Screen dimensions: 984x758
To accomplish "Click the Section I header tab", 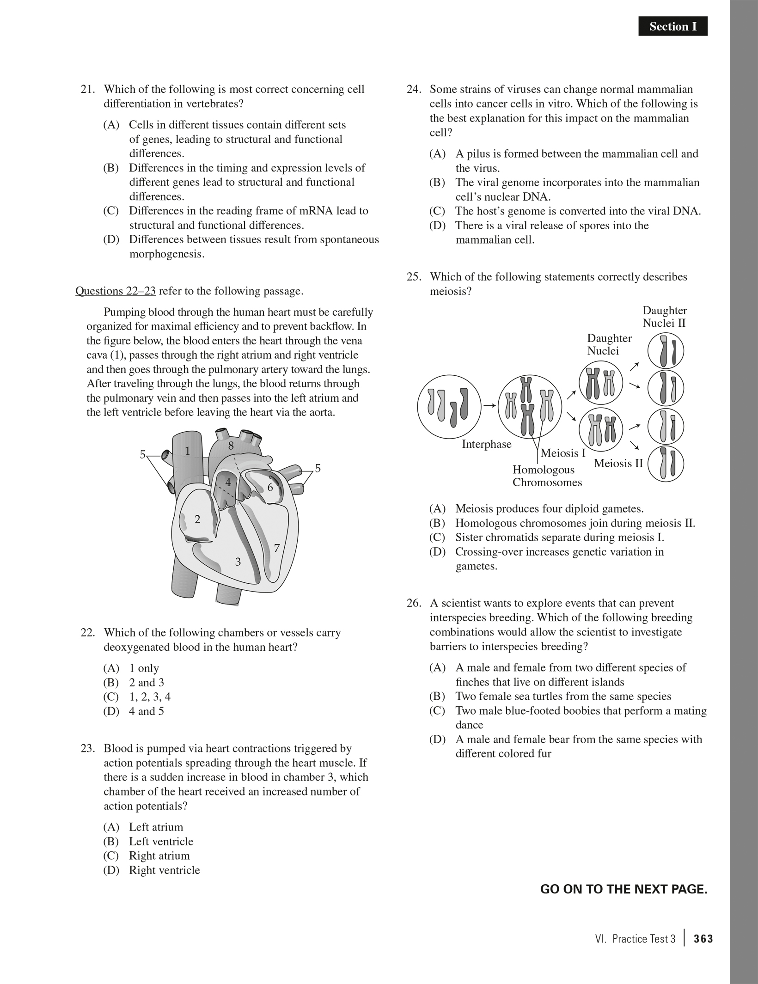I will [x=672, y=27].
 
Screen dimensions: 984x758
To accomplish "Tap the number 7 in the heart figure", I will [x=277, y=549].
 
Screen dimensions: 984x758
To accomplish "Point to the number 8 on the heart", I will [x=231, y=446].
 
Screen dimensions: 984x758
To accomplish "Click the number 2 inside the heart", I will [x=197, y=520].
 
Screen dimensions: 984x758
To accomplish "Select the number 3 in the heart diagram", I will [x=238, y=562].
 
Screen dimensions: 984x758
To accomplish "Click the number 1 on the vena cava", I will [x=188, y=451].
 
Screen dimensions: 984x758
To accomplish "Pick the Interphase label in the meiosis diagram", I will [x=486, y=444].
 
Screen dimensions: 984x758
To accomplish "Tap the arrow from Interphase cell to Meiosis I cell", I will [x=489, y=406].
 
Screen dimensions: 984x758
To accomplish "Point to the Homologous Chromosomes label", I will [x=547, y=476].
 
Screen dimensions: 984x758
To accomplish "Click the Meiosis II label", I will [x=618, y=463].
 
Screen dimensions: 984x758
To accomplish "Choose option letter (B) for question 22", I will [x=111, y=683].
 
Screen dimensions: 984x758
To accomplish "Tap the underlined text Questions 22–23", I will [x=116, y=291].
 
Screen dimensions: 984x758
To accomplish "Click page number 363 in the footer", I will [x=703, y=939].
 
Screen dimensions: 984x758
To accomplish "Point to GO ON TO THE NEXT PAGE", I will [x=624, y=890].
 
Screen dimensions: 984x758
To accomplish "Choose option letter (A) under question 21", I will [x=111, y=125].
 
